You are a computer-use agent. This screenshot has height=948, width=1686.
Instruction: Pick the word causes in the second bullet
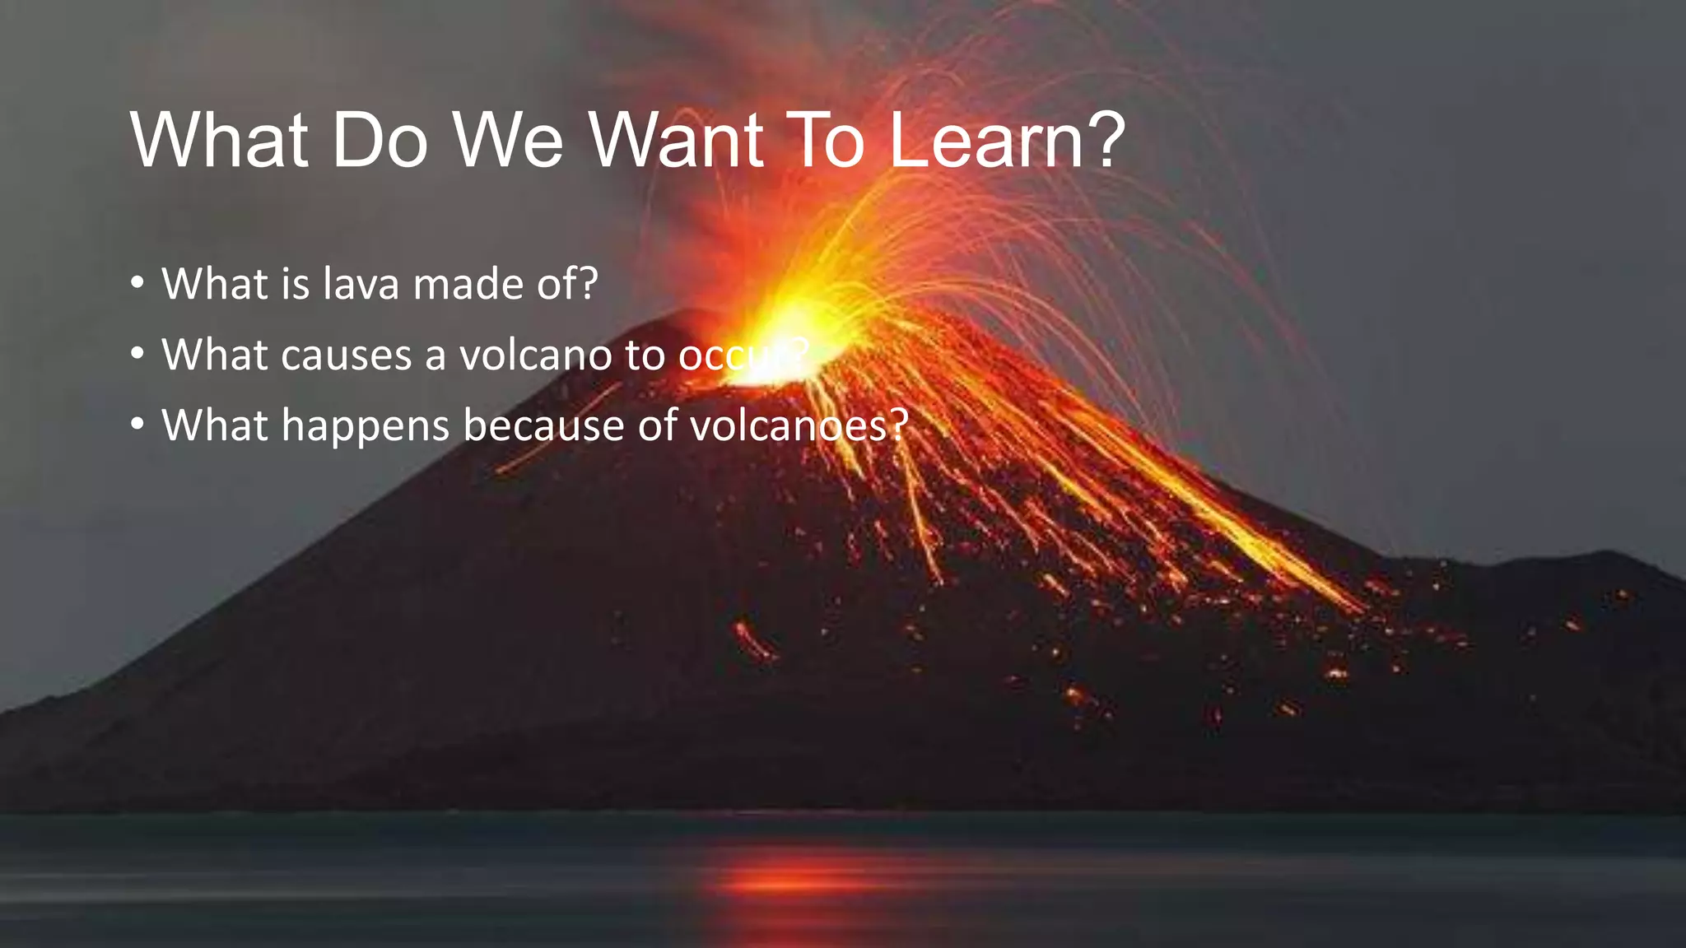(x=346, y=355)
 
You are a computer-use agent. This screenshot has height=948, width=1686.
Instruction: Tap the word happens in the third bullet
(x=366, y=426)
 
